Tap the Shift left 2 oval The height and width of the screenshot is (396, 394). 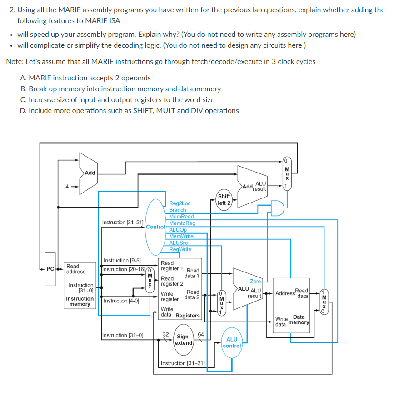pos(224,200)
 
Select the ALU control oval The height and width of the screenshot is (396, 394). pos(232,342)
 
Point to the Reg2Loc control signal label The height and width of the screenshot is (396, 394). pos(180,203)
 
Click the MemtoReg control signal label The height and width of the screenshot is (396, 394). pos(182,223)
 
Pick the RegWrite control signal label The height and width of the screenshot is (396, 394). pos(180,249)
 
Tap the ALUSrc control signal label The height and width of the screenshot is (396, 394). pos(178,243)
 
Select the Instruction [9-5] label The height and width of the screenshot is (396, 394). pos(122,261)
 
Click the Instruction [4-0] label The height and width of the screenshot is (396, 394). pos(121,301)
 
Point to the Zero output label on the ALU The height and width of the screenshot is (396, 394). pos(255,282)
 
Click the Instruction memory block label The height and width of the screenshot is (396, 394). pos(80,302)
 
